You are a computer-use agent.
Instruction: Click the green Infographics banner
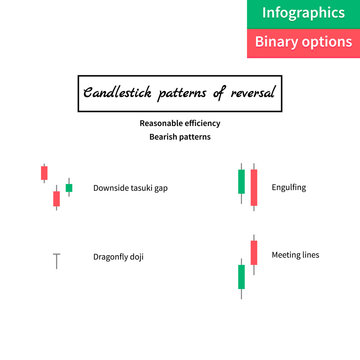pos(303,14)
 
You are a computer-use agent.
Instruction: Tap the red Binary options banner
pos(303,43)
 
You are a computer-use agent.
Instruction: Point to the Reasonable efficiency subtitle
pos(180,123)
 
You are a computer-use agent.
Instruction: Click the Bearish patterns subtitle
pos(180,137)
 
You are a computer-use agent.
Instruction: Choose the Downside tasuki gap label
pos(130,188)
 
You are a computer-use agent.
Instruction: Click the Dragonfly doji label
pos(118,257)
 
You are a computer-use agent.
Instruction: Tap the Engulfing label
pos(289,187)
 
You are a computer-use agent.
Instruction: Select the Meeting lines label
pos(296,255)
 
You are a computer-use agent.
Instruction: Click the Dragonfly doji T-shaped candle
pos(56,260)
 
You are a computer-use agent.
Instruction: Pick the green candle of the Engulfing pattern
pos(241,182)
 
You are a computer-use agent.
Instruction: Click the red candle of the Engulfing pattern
pos(254,186)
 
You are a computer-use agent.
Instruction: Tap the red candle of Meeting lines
pos(254,251)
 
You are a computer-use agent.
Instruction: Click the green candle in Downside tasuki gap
pos(69,187)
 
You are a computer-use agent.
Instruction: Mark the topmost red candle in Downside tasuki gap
pos(44,173)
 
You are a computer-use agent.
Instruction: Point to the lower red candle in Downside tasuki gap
pos(56,198)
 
